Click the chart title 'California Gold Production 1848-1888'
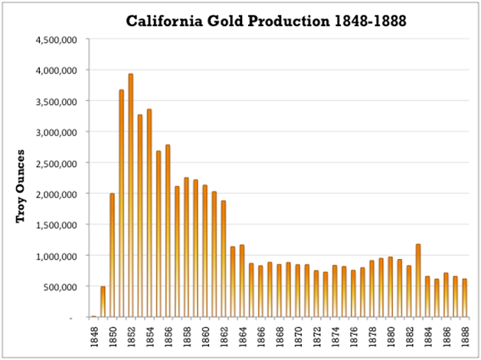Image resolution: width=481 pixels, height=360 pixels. tap(267, 21)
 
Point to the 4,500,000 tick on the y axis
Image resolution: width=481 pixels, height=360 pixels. tap(54, 39)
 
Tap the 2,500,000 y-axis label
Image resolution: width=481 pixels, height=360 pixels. tap(54, 162)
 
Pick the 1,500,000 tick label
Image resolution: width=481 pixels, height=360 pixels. tap(54, 224)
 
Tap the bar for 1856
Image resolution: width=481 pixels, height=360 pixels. tap(168, 231)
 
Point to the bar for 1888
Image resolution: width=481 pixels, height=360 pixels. tap(465, 298)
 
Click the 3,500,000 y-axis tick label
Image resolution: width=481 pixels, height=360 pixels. tap(54, 101)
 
